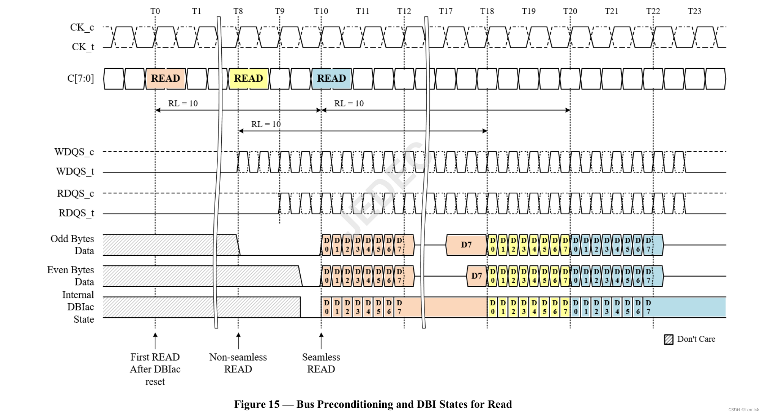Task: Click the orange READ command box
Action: [x=166, y=79]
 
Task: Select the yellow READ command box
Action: [x=249, y=79]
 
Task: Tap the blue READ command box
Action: [x=331, y=79]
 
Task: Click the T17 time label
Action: [x=445, y=11]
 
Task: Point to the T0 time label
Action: [x=155, y=11]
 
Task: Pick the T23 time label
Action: [x=694, y=11]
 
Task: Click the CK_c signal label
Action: [x=82, y=28]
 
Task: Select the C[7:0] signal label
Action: [x=80, y=79]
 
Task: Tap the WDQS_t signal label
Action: [x=75, y=172]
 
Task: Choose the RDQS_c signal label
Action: [x=75, y=194]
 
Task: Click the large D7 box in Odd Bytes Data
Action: [x=466, y=245]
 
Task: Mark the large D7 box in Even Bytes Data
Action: [x=476, y=276]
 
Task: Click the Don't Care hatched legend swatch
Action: [x=669, y=339]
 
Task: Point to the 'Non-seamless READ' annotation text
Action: [x=238, y=363]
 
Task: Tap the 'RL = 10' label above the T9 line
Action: [x=266, y=124]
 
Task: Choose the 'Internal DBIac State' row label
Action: [x=78, y=307]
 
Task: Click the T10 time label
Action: [x=321, y=11]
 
